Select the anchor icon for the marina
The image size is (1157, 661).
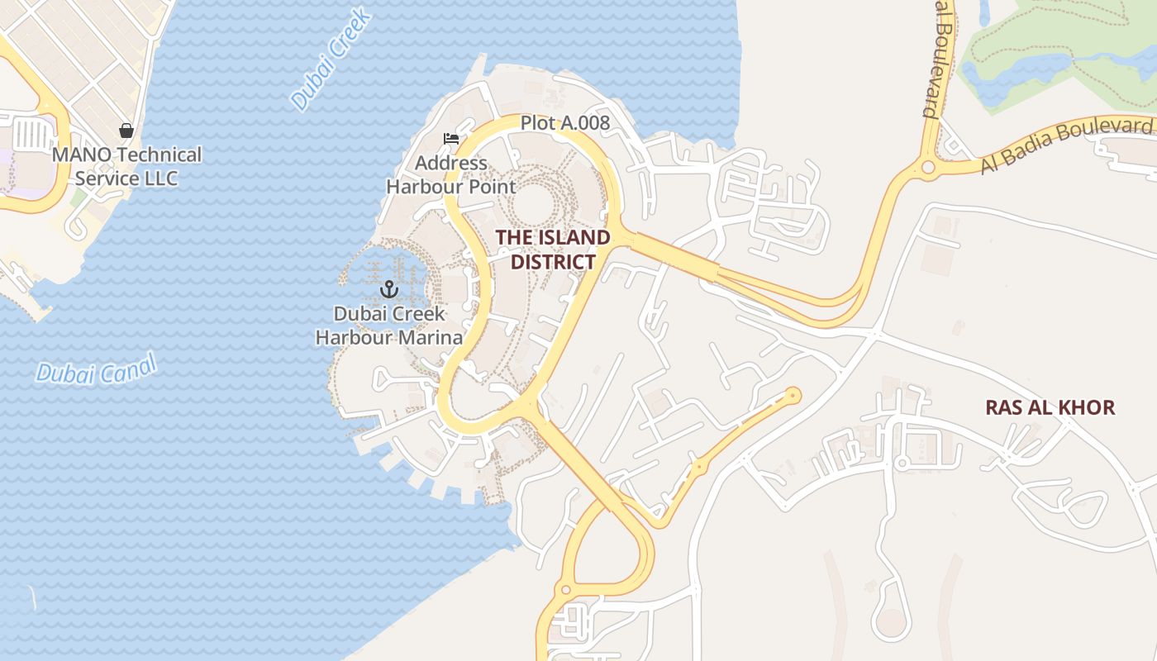point(388,289)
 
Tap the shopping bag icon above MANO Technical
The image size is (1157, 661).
point(126,131)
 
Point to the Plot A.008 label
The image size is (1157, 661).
point(564,124)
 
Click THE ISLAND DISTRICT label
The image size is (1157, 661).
point(553,250)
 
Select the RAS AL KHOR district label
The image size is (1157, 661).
point(1050,407)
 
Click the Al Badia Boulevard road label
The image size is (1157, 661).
point(1066,145)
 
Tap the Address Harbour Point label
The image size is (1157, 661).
point(451,175)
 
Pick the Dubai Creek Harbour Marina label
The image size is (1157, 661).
point(388,326)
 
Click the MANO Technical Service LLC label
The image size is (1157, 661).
point(126,166)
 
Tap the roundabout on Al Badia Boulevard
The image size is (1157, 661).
point(928,168)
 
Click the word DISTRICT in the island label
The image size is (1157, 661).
point(553,262)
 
